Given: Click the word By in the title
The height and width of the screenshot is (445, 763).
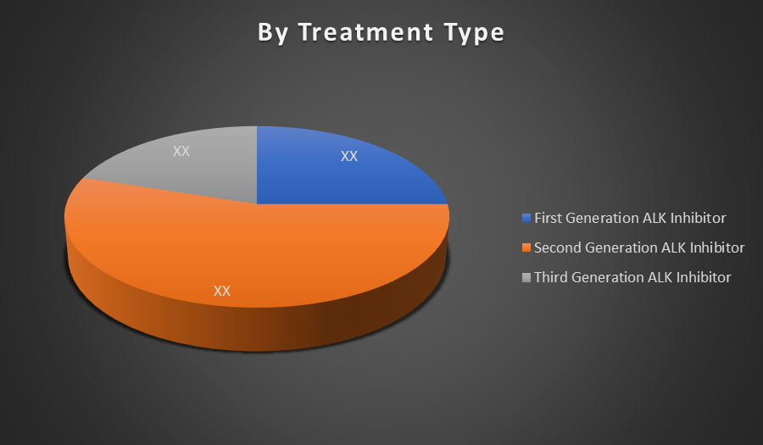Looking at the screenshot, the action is [272, 33].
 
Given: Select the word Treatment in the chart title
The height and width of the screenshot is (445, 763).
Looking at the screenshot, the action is [365, 32].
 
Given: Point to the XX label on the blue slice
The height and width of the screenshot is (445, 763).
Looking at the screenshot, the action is [349, 156].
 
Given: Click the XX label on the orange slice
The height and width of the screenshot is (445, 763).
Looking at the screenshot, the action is [222, 291].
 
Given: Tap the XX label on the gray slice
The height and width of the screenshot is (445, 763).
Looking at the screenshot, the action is [181, 151].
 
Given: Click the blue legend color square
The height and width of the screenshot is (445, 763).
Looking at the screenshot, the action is [526, 218].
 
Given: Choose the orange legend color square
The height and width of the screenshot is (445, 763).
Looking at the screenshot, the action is [526, 248].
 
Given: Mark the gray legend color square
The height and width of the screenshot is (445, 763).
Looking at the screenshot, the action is [526, 277].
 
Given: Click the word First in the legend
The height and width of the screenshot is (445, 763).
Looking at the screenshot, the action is [548, 218].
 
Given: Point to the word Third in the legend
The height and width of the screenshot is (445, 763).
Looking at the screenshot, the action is [551, 277].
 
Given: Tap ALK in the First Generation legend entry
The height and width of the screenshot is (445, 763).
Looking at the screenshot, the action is [655, 218].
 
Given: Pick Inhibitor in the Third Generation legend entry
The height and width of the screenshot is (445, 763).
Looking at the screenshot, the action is [704, 277].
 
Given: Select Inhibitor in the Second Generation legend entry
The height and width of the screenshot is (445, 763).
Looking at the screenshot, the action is [717, 248].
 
